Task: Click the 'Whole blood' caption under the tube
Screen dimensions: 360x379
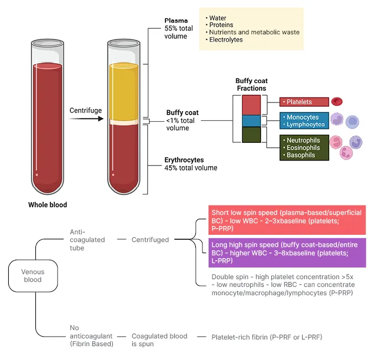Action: click(x=48, y=205)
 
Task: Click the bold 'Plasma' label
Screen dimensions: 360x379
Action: click(x=176, y=21)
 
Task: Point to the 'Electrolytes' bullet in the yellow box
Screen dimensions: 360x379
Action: click(x=226, y=40)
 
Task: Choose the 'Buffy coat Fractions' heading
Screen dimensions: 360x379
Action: click(x=251, y=85)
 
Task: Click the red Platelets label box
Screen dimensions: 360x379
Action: click(x=304, y=102)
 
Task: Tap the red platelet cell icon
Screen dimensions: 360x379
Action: click(x=337, y=101)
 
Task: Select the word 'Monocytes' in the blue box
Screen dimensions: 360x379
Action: click(x=303, y=117)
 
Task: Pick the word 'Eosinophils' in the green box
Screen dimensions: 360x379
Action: click(x=303, y=148)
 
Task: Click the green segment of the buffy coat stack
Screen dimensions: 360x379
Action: click(x=251, y=135)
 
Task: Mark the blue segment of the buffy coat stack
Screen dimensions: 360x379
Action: click(x=251, y=121)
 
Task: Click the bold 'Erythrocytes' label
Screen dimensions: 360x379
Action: click(x=184, y=160)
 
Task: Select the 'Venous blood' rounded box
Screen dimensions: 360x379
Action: click(x=33, y=276)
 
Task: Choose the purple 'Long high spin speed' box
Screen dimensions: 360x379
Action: click(x=287, y=253)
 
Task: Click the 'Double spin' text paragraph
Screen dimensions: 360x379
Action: click(x=282, y=285)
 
